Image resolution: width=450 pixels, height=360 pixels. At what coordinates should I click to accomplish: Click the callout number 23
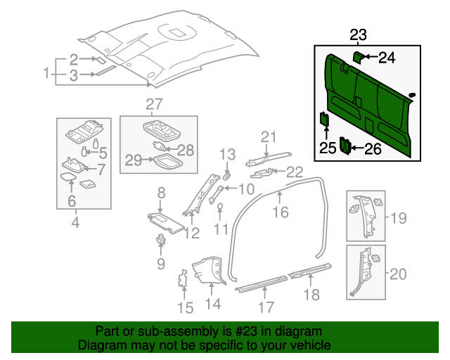tap(358, 35)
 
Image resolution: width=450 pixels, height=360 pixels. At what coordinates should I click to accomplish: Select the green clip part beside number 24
tap(356, 56)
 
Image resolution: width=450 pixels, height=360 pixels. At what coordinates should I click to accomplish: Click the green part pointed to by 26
tap(345, 145)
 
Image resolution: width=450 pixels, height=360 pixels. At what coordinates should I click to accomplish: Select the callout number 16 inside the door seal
tap(281, 211)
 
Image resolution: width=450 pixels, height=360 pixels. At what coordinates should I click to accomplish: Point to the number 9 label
tap(161, 264)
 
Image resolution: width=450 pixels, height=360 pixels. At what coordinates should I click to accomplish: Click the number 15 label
tap(184, 307)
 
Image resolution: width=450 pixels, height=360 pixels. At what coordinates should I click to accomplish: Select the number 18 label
tap(310, 295)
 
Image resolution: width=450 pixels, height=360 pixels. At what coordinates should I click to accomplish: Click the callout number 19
tap(399, 219)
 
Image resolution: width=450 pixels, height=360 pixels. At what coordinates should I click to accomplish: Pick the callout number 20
tap(399, 274)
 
